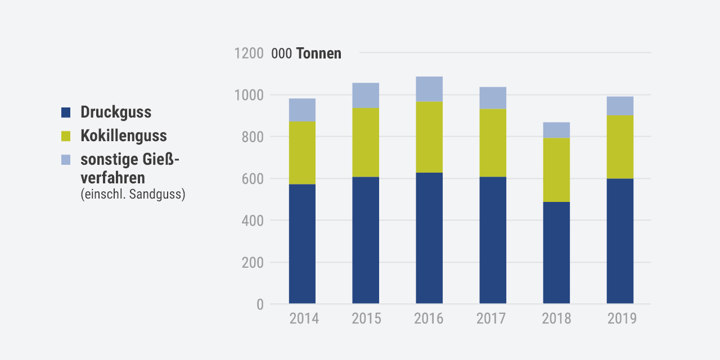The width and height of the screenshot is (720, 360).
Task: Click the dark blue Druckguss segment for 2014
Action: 302,244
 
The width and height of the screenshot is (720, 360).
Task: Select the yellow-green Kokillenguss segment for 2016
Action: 429,137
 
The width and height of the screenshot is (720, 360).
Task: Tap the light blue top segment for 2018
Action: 556,130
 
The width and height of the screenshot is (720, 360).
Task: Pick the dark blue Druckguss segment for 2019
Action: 620,241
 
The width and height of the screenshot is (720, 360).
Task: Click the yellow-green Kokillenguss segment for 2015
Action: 366,142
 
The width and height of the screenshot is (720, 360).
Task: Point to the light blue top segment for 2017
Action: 493,98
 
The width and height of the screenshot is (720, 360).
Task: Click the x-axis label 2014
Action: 304,319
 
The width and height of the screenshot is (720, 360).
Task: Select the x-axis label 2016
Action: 429,319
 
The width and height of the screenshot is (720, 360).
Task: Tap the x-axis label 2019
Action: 622,319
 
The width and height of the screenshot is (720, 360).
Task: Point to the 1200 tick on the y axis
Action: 249,53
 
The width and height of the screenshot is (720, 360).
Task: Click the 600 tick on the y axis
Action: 253,179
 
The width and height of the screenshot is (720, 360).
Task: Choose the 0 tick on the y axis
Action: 260,304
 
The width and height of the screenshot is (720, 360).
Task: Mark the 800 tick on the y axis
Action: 253,137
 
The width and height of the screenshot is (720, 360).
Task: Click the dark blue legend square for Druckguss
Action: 66,112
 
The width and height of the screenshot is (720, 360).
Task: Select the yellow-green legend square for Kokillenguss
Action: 66,136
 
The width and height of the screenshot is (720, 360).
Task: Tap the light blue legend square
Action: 66,160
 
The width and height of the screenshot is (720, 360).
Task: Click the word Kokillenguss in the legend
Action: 124,136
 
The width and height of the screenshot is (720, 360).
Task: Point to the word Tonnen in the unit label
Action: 318,53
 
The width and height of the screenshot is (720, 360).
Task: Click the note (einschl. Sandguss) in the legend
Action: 133,195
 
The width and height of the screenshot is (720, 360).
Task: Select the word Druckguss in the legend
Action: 116,112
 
